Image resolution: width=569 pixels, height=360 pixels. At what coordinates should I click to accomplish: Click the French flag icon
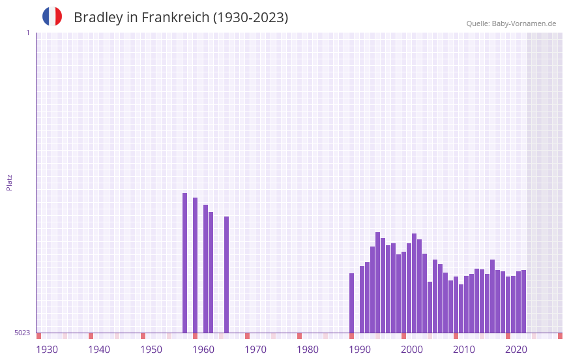pos(52,17)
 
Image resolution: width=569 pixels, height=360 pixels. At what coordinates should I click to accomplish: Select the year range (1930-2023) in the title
pos(251,18)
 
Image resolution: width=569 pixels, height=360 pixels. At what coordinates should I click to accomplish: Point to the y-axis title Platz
pos(9,182)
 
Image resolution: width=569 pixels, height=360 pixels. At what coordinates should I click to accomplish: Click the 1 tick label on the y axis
pos(27,33)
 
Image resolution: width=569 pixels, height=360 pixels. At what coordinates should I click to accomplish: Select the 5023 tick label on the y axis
pos(22,333)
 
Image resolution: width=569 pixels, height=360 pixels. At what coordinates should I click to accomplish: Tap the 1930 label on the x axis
pos(47,350)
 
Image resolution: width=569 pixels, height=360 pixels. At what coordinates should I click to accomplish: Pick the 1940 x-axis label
pos(99,350)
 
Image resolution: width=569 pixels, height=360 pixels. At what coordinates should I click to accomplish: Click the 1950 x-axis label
pos(151,350)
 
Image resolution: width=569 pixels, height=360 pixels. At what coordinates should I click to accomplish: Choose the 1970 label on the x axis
pos(255,350)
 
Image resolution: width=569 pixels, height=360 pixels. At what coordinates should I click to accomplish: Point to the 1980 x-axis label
pos(308,350)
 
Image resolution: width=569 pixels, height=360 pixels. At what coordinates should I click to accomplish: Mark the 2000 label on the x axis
pos(412,350)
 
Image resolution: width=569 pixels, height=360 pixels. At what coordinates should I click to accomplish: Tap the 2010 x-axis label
pos(464,350)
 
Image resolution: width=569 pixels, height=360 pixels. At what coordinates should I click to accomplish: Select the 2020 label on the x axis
pos(516,350)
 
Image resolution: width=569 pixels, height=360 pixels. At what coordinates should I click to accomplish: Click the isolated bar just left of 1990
pos(351,303)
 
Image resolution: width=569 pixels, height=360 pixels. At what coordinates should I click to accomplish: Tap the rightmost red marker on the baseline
pos(560,336)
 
